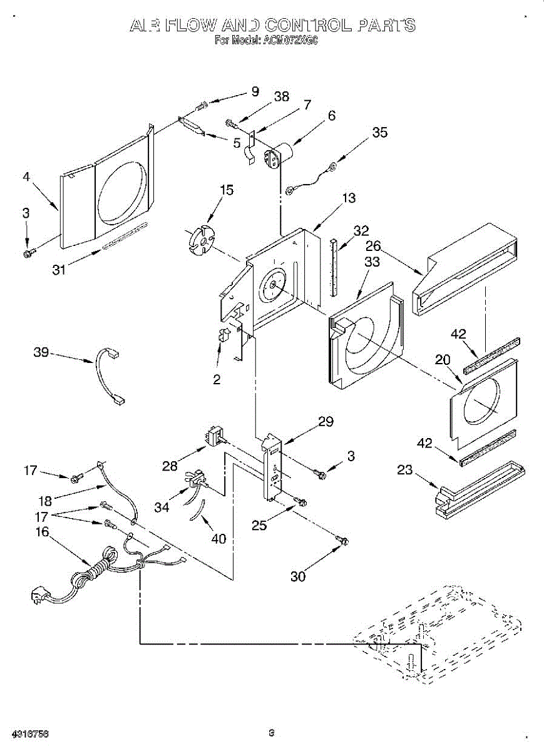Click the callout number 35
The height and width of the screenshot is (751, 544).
click(379, 133)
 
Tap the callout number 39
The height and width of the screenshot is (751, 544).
click(41, 353)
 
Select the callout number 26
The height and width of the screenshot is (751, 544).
click(373, 245)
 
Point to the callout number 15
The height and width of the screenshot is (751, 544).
click(227, 190)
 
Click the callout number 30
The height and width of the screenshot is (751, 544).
click(298, 576)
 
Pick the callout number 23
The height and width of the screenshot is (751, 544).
click(404, 469)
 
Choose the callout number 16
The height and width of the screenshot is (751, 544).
click(41, 532)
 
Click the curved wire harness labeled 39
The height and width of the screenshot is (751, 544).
click(105, 377)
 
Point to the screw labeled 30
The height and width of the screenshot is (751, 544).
click(342, 539)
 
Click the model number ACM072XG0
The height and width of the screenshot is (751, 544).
click(293, 41)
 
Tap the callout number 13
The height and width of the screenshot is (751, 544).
click(349, 198)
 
